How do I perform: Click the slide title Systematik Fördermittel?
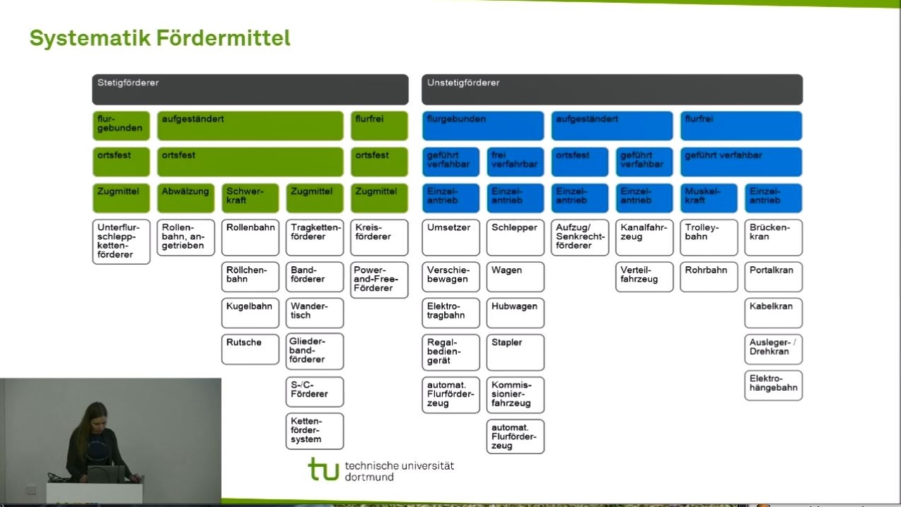click(x=160, y=38)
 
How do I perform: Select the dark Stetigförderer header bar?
click(x=250, y=89)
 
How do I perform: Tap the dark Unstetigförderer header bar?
click(x=612, y=89)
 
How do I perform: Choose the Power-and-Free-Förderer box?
click(x=379, y=280)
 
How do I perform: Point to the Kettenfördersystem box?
click(x=315, y=430)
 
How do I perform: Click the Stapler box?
click(x=515, y=351)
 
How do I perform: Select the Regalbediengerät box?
click(x=450, y=351)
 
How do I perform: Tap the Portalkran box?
click(x=773, y=277)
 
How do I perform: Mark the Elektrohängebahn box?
click(x=773, y=385)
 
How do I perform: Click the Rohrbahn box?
click(x=709, y=277)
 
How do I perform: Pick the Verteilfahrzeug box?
click(x=644, y=277)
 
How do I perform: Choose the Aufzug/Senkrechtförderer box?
click(x=580, y=237)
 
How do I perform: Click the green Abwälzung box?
click(x=186, y=198)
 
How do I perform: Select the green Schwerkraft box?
click(x=250, y=198)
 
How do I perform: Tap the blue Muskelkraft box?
click(x=709, y=198)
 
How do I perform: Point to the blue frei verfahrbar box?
click(x=515, y=161)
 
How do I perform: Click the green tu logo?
click(x=323, y=469)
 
